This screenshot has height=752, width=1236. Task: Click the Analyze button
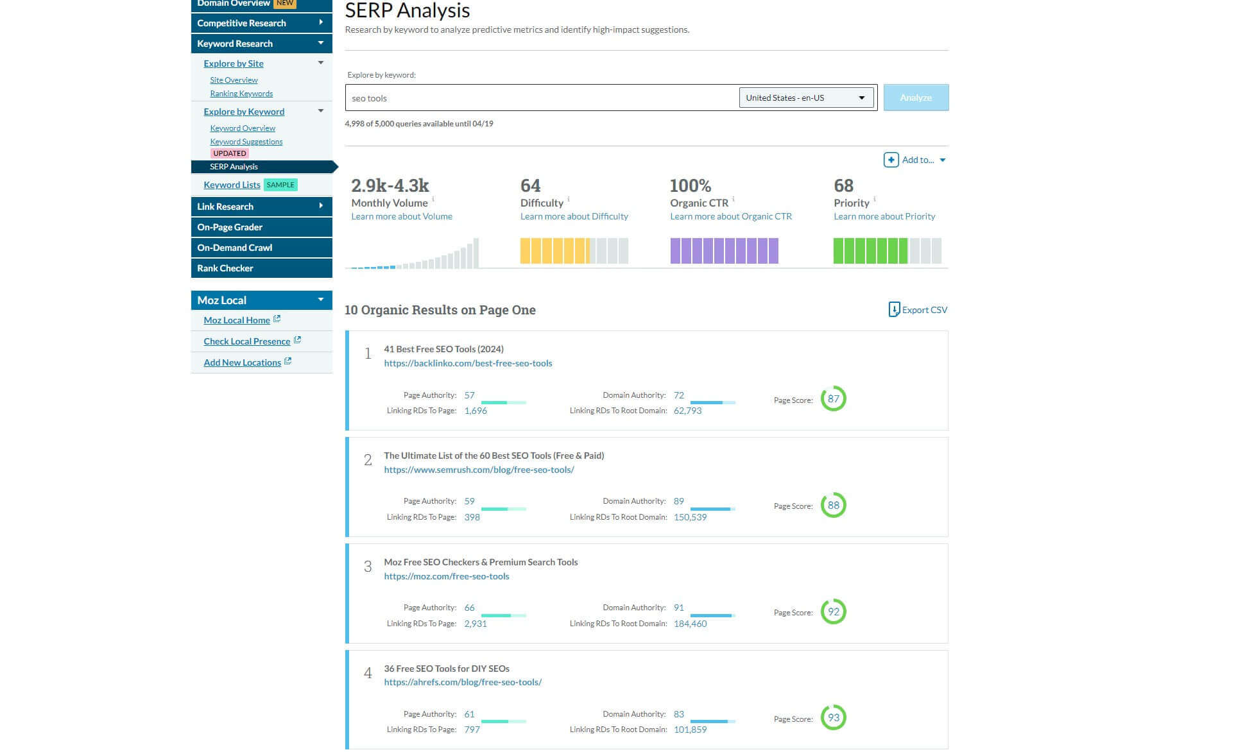(x=915, y=98)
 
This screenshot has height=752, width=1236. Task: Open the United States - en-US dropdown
(x=806, y=98)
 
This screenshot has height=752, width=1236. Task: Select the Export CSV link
(x=918, y=310)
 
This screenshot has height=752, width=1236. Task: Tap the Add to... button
(x=914, y=160)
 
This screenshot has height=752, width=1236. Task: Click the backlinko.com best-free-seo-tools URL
(x=468, y=363)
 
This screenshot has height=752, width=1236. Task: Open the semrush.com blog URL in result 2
(x=479, y=470)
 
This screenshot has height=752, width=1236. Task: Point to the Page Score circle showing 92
(x=833, y=611)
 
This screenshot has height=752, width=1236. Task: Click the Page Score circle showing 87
(x=833, y=398)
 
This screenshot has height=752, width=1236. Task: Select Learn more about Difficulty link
(x=574, y=216)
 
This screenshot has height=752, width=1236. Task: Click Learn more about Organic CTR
(x=730, y=216)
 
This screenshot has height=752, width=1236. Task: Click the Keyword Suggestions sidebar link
(x=246, y=142)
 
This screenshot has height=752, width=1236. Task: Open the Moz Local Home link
(x=237, y=320)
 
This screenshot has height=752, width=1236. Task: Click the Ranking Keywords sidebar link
(x=241, y=94)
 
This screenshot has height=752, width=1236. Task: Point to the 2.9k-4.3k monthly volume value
(x=390, y=185)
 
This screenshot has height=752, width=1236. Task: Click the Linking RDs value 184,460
(x=690, y=624)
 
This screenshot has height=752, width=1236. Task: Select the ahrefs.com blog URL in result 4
(x=463, y=682)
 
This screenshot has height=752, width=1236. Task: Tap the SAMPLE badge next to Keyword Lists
(x=280, y=185)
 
